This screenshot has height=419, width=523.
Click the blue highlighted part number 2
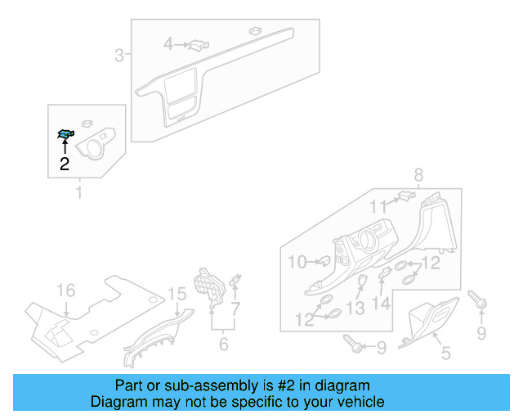pyautogui.click(x=65, y=135)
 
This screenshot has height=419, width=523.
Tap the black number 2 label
pyautogui.click(x=65, y=164)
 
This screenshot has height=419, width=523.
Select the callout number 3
pyautogui.click(x=119, y=56)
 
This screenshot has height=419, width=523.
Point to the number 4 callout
pyautogui.click(x=168, y=43)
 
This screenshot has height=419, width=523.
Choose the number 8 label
pyautogui.click(x=418, y=174)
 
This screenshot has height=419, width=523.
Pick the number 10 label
pyautogui.click(x=297, y=262)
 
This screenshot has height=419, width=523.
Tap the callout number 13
pyautogui.click(x=355, y=308)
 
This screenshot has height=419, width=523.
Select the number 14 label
pyautogui.click(x=382, y=304)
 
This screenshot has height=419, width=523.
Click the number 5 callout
pyautogui.click(x=445, y=353)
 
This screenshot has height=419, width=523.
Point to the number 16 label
pyautogui.click(x=65, y=291)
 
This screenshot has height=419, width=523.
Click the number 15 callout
pyautogui.click(x=177, y=294)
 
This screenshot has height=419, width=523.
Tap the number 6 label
pyautogui.click(x=223, y=344)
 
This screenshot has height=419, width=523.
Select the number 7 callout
pyautogui.click(x=236, y=309)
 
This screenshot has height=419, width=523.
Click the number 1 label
pyautogui.click(x=79, y=193)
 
